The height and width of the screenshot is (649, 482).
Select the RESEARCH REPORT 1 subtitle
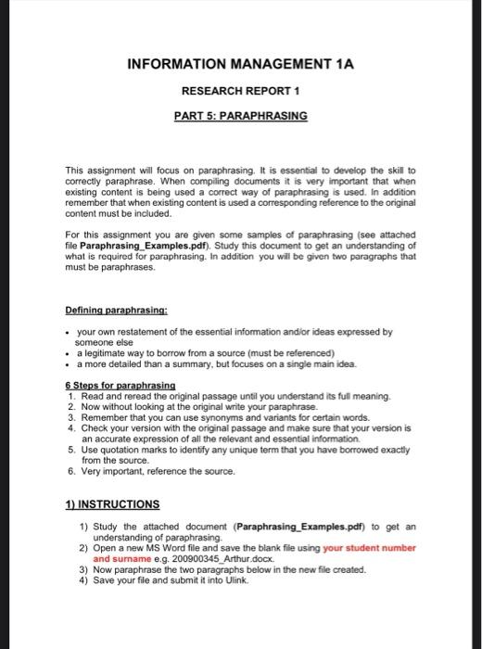240,93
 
